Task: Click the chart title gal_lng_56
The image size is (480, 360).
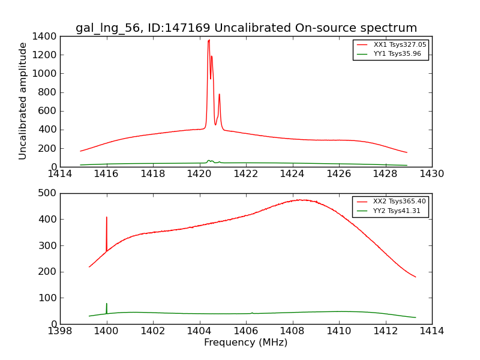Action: coord(246,28)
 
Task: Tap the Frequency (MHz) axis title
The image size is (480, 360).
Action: coord(245,343)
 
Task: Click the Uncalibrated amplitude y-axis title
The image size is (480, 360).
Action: coord(23,101)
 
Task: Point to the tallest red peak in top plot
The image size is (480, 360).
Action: coord(209,41)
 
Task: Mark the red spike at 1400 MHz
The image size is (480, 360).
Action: coord(107,218)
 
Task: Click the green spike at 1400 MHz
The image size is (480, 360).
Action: coord(107,304)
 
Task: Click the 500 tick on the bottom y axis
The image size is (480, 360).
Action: coord(48,193)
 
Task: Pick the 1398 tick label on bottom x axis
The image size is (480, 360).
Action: coord(60,331)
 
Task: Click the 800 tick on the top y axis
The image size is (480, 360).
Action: coord(47,92)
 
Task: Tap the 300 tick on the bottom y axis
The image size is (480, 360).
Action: coord(48,245)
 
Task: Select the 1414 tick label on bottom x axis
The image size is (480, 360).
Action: coord(431,331)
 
